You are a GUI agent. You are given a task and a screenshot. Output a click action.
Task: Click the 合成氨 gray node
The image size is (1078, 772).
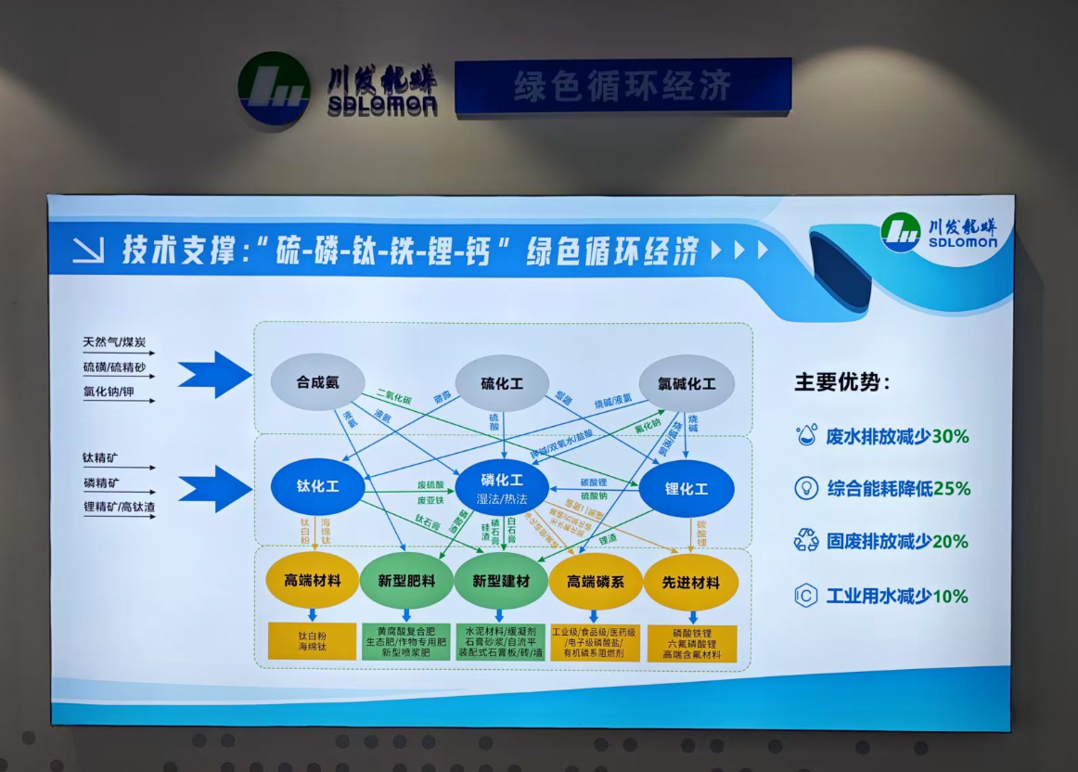tap(316, 382)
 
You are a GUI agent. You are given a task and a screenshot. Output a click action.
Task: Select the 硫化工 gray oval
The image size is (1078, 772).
tap(502, 382)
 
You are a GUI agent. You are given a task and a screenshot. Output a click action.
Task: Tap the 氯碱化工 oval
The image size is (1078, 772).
tap(687, 382)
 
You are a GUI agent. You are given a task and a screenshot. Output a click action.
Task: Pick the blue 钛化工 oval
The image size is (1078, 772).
tap(317, 487)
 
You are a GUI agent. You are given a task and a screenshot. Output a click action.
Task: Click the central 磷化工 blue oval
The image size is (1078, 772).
tap(502, 487)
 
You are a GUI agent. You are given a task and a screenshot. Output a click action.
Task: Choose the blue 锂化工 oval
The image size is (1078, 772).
tap(687, 488)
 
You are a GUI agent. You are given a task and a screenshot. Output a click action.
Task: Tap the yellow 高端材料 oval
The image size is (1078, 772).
tap(313, 582)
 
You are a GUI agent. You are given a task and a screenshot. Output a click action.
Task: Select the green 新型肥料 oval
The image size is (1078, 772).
tap(406, 582)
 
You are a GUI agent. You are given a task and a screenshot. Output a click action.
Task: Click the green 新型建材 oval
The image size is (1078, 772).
tap(501, 582)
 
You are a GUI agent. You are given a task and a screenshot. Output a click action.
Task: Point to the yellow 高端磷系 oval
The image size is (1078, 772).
tap(596, 582)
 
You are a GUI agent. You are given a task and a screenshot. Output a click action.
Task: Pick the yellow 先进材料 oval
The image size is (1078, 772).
tap(691, 582)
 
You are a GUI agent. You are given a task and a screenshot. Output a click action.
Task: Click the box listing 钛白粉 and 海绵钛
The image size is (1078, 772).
tap(313, 641)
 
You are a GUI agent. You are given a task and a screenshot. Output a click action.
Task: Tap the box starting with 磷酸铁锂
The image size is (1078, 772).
tap(691, 643)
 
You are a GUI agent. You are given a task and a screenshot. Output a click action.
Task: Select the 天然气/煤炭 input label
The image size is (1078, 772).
tap(113, 343)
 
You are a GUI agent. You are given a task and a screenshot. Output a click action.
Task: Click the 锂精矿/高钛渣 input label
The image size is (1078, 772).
tap(120, 507)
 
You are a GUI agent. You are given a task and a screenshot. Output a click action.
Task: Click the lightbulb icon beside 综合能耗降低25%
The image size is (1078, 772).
tap(806, 488)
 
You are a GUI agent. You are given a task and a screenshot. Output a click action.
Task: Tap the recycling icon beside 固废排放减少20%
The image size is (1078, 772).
tap(806, 541)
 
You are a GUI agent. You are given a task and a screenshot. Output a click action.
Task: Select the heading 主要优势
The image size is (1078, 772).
tap(841, 381)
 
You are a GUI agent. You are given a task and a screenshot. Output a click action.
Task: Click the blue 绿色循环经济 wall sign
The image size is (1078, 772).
tap(622, 86)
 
